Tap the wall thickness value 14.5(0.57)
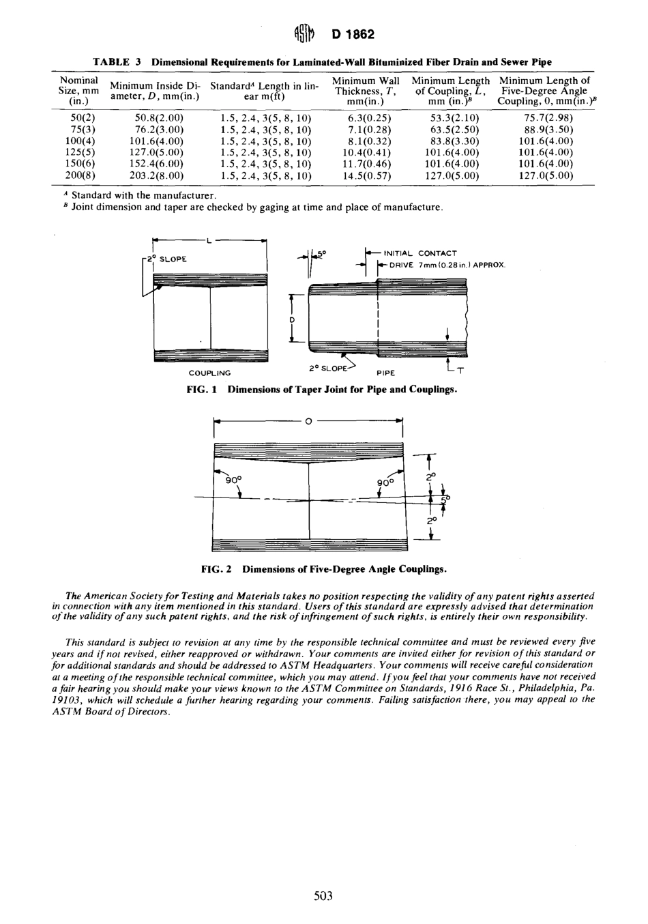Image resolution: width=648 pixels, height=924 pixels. click(x=364, y=175)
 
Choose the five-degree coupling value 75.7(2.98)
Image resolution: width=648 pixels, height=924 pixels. click(x=545, y=117)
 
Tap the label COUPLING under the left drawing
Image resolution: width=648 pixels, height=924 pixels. click(x=209, y=373)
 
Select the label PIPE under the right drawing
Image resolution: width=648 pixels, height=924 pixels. click(x=387, y=373)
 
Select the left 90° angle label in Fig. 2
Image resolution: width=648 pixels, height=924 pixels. click(x=232, y=480)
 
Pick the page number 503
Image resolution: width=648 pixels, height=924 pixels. click(x=323, y=896)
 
